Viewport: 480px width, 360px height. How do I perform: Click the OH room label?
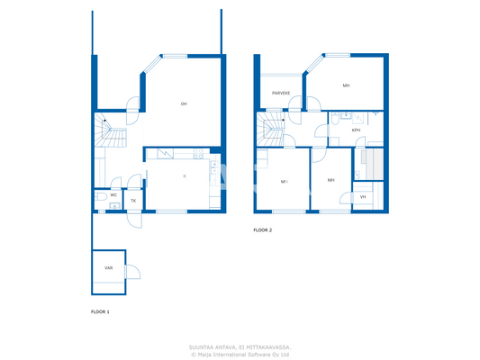click(x=184, y=103)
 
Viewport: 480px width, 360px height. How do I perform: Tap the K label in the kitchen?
click(x=184, y=176)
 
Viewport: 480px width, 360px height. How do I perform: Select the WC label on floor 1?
click(x=113, y=194)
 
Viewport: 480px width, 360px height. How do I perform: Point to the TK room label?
click(x=133, y=201)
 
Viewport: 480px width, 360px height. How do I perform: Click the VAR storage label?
click(x=108, y=268)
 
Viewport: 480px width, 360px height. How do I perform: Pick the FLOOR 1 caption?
click(x=100, y=311)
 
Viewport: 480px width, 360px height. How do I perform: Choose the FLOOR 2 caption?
click(x=262, y=230)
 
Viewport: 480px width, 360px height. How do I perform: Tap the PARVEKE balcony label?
click(x=281, y=93)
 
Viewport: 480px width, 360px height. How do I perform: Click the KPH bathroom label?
click(x=356, y=130)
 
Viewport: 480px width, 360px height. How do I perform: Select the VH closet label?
click(x=363, y=196)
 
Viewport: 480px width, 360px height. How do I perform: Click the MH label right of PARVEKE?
click(x=346, y=85)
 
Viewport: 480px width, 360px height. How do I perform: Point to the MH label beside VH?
click(x=331, y=180)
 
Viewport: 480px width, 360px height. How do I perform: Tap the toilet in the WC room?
click(x=100, y=195)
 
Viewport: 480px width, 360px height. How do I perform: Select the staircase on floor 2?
click(x=271, y=130)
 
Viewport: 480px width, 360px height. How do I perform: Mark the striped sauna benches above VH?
click(x=370, y=164)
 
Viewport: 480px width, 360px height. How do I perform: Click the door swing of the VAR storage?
click(x=131, y=273)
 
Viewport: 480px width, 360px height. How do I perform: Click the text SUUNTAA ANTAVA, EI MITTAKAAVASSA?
click(x=240, y=346)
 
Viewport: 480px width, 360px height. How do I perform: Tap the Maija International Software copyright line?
click(x=240, y=354)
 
